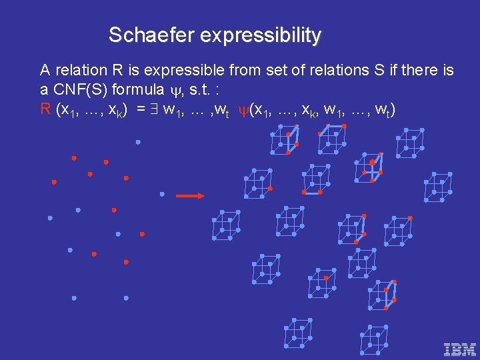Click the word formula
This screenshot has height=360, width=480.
click(x=139, y=89)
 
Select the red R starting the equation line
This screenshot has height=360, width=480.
click(x=45, y=109)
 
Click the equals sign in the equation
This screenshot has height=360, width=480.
click(x=141, y=109)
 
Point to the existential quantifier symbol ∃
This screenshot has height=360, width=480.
click(x=154, y=109)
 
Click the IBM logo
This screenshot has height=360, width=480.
click(x=460, y=349)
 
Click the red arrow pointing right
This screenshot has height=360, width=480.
click(x=190, y=196)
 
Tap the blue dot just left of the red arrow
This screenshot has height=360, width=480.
click(x=162, y=194)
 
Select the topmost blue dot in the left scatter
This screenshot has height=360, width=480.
click(x=138, y=141)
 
